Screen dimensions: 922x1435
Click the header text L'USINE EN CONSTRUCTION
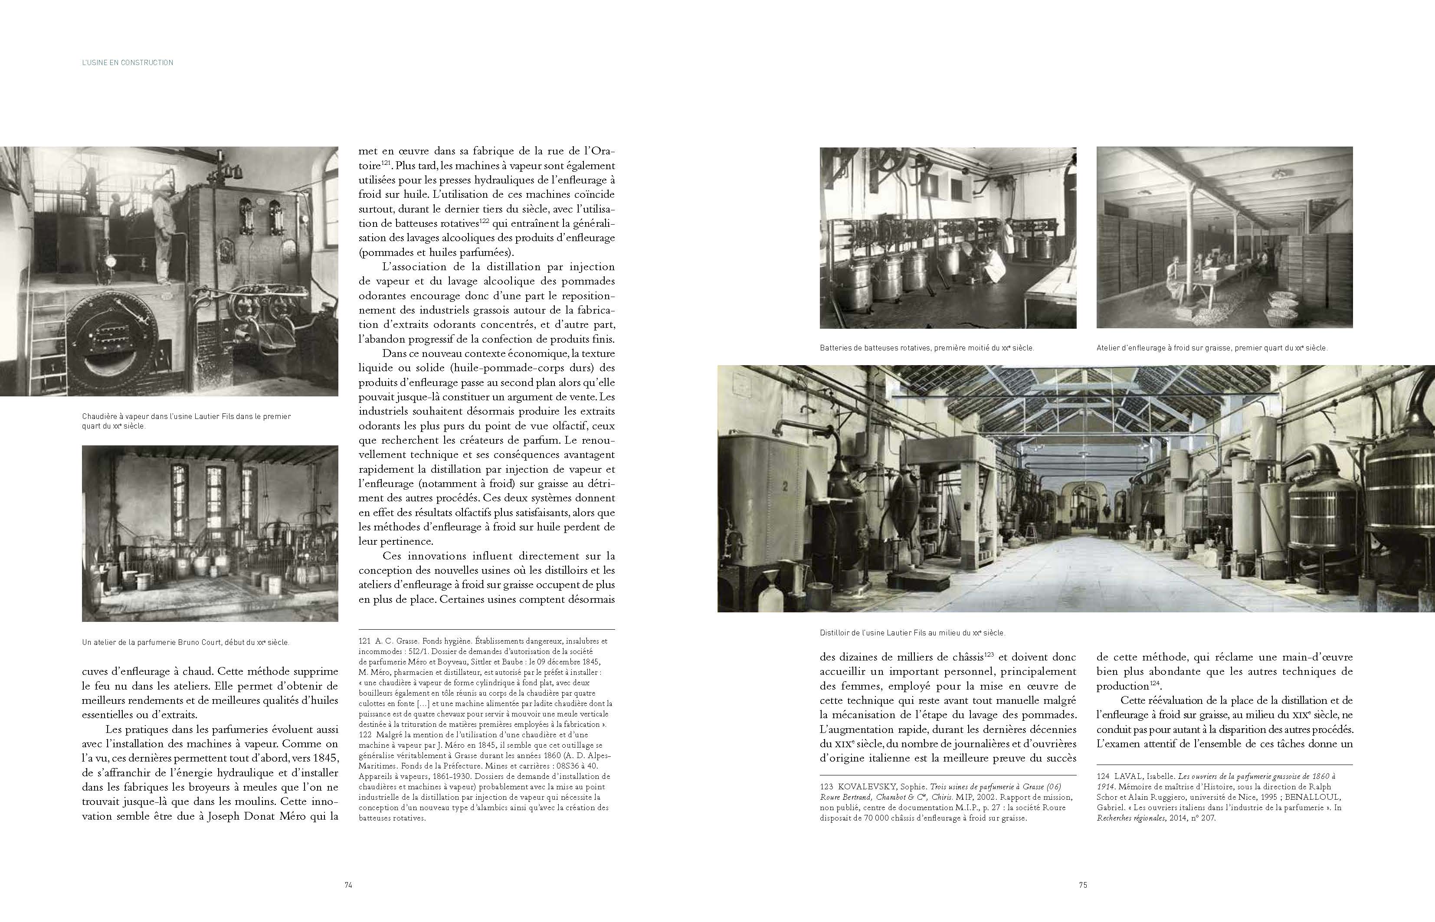coord(128,62)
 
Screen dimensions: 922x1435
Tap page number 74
coord(348,885)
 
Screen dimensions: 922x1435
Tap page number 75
coord(1083,885)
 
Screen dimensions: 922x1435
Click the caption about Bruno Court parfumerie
coord(186,642)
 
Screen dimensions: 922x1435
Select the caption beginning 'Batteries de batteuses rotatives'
coord(927,348)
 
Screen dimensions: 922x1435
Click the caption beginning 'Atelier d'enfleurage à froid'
coord(1212,348)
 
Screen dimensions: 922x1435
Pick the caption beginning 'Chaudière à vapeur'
coord(186,421)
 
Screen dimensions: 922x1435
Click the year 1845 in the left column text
coord(324,758)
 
